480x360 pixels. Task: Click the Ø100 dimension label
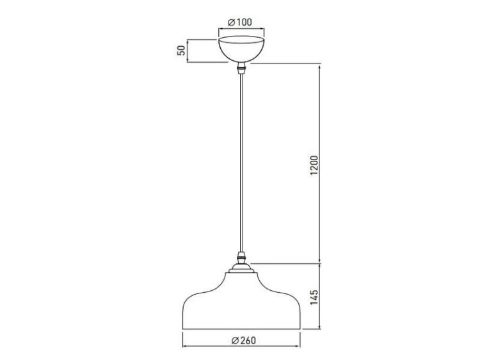(x=240, y=22)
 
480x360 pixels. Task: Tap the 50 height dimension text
(x=182, y=51)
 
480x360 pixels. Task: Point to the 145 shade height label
(x=314, y=297)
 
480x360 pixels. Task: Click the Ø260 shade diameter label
(x=241, y=340)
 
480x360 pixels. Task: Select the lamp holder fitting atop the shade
(x=241, y=262)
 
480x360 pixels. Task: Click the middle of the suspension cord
(x=241, y=163)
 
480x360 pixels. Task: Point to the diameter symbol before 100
(x=231, y=22)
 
